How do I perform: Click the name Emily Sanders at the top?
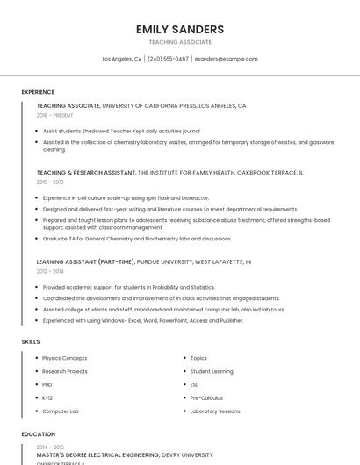pos(180,29)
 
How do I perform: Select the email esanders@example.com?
pos(226,59)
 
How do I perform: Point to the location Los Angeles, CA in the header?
pos(122,59)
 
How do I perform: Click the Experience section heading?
pos(38,92)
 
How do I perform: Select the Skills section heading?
pos(31,341)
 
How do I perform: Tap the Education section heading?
pos(39,434)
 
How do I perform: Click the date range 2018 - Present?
pos(55,115)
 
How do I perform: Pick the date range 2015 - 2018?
pos(50,182)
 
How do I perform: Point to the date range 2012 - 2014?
pos(50,272)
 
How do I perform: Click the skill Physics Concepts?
pos(65,358)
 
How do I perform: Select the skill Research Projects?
pos(65,371)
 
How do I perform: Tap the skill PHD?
pos(48,384)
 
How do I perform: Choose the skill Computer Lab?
pos(61,411)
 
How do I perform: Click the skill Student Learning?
pos(212,371)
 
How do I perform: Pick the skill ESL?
pos(194,384)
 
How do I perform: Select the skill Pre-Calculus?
pos(205,397)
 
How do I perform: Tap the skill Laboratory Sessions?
pos(215,411)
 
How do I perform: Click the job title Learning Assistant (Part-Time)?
pos(86,261)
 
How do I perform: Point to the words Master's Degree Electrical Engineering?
pos(97,455)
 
